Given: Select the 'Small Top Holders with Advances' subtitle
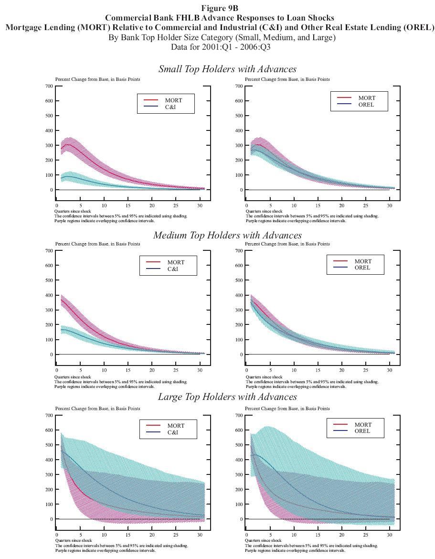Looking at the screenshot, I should [227, 69].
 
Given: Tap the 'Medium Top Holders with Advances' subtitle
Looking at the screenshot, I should [227, 235].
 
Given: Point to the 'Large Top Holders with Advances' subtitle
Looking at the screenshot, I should [227, 397].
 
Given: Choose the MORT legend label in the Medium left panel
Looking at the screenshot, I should [176, 262].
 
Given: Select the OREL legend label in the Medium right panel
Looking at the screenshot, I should [363, 268].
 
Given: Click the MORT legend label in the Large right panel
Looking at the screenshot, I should [363, 425].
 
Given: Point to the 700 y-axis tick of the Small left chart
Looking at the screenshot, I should [48, 86].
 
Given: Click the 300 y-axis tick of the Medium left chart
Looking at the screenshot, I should [48, 310].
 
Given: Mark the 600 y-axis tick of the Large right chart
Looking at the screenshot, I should [238, 430].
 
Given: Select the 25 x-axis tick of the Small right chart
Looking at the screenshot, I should [366, 205].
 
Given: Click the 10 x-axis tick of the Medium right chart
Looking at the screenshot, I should [294, 370].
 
